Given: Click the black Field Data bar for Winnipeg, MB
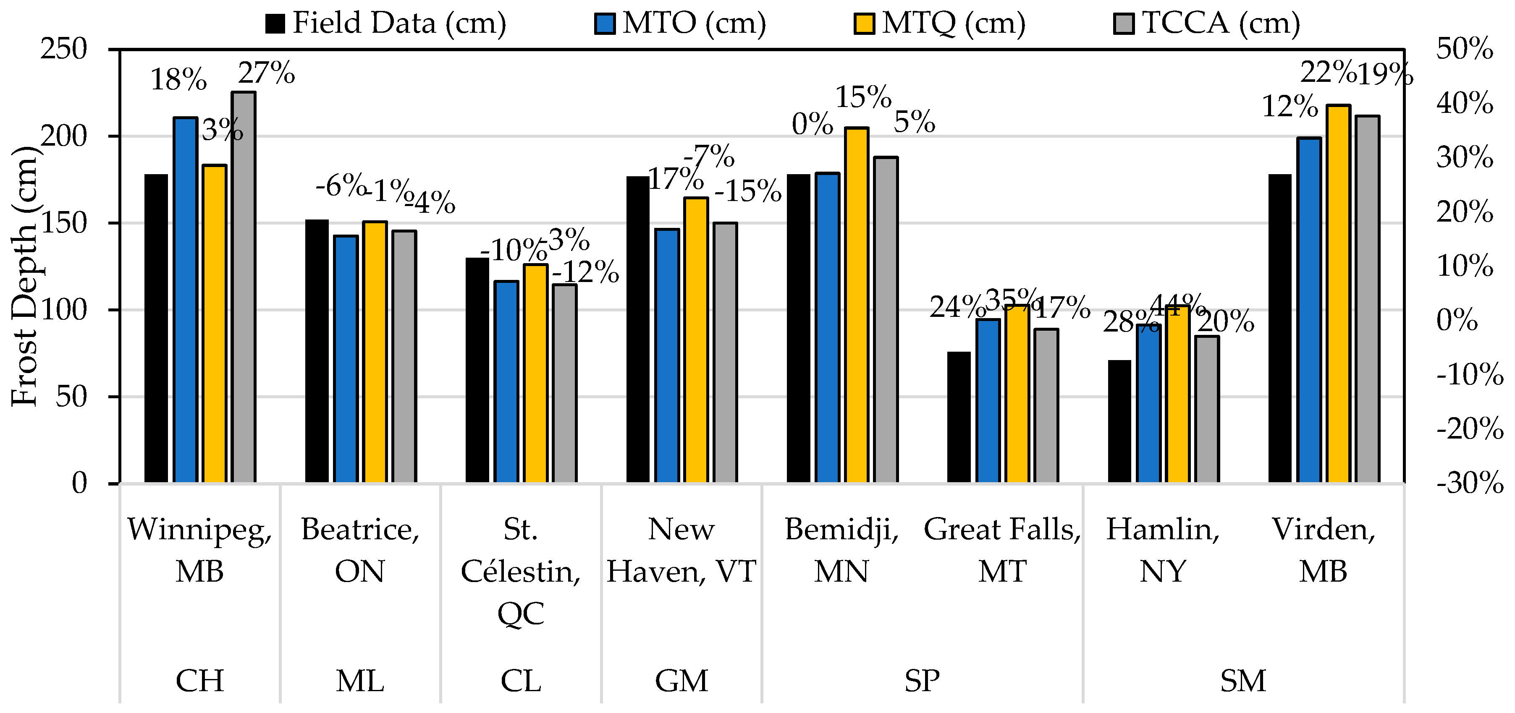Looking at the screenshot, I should [x=156, y=329].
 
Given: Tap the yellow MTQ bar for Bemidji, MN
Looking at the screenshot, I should [x=856, y=306].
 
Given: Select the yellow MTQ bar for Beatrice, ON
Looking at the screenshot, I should [x=375, y=353].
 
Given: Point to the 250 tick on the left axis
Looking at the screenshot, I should [x=63, y=50].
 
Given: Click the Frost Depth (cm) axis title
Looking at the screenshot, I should [x=25, y=276].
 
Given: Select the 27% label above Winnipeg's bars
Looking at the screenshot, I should [x=266, y=73].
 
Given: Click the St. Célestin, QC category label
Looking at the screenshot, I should [x=521, y=571].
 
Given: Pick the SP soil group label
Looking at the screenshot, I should [x=922, y=681].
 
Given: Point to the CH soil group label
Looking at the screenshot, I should [x=200, y=681].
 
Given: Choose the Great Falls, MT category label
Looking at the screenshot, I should [x=1002, y=550].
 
